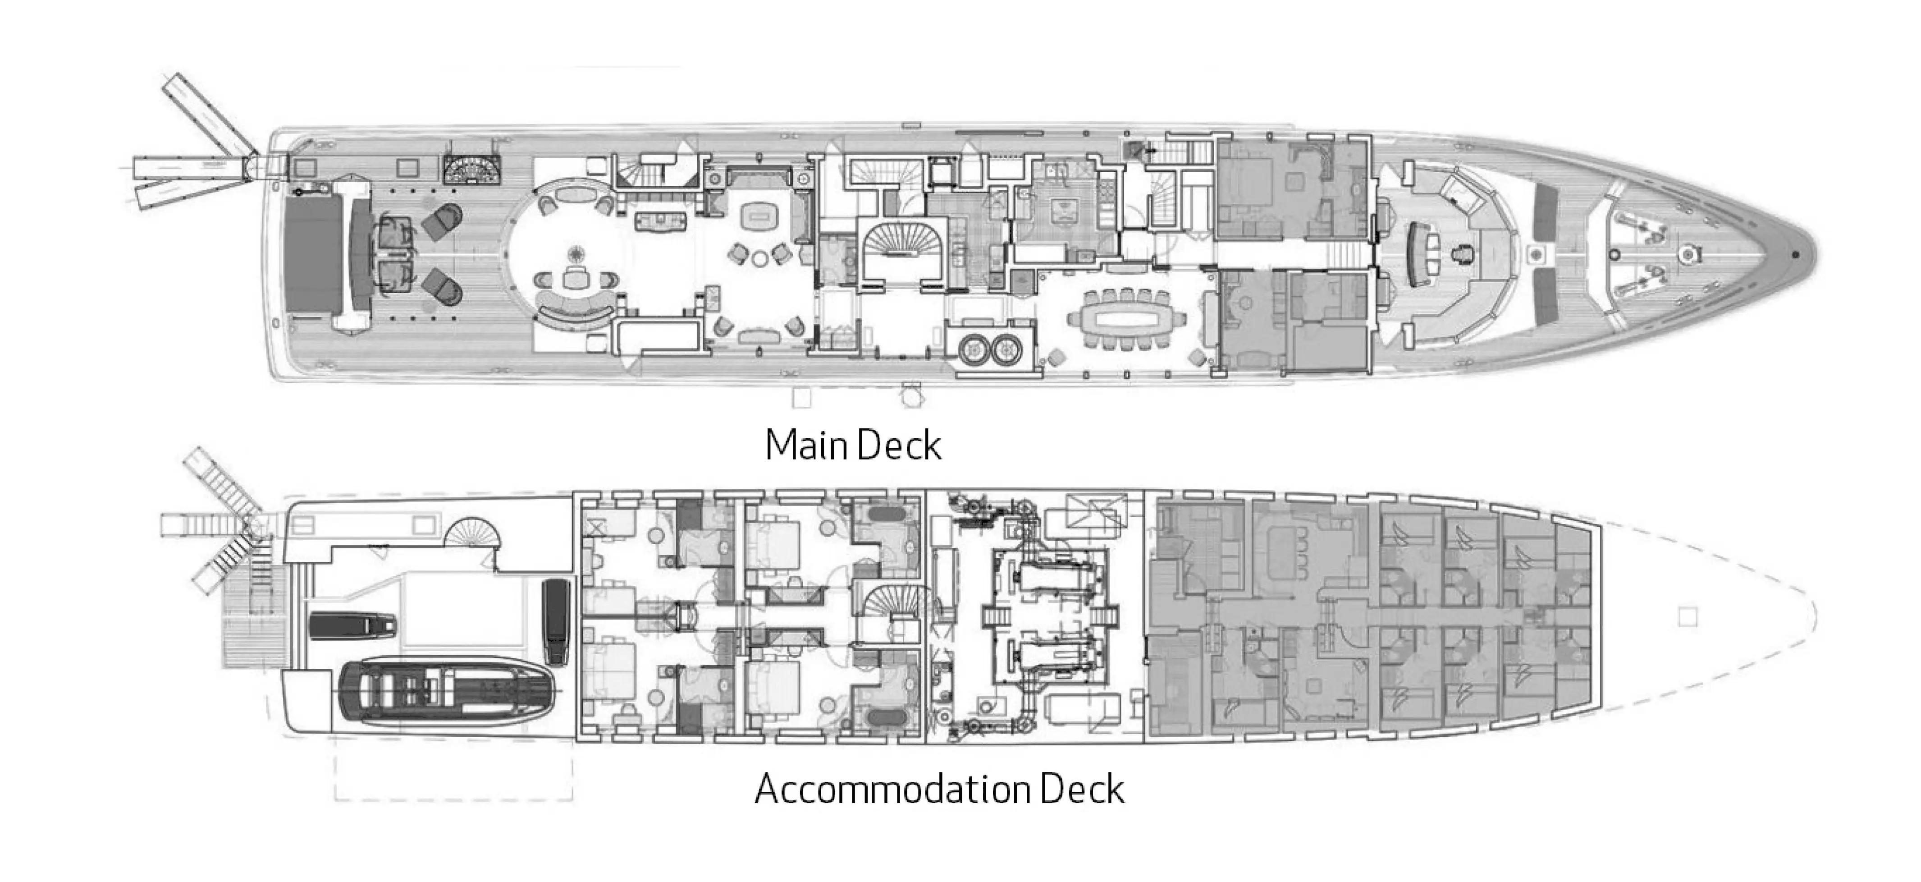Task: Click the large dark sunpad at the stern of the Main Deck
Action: point(317,254)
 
